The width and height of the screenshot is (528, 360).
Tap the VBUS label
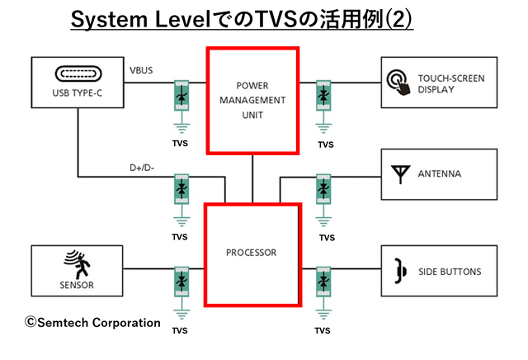(140, 71)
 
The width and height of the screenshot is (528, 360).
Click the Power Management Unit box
(252, 101)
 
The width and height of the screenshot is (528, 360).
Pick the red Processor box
(251, 253)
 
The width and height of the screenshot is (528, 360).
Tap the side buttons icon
(400, 271)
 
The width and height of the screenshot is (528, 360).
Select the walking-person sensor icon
(76, 265)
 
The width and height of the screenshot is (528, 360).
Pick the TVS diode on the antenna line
(323, 189)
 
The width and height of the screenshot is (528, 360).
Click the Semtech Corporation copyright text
(92, 322)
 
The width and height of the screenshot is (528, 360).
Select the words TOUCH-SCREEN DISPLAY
(450, 83)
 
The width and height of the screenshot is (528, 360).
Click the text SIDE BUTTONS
(449, 272)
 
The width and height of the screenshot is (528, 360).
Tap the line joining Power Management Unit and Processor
(252, 178)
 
